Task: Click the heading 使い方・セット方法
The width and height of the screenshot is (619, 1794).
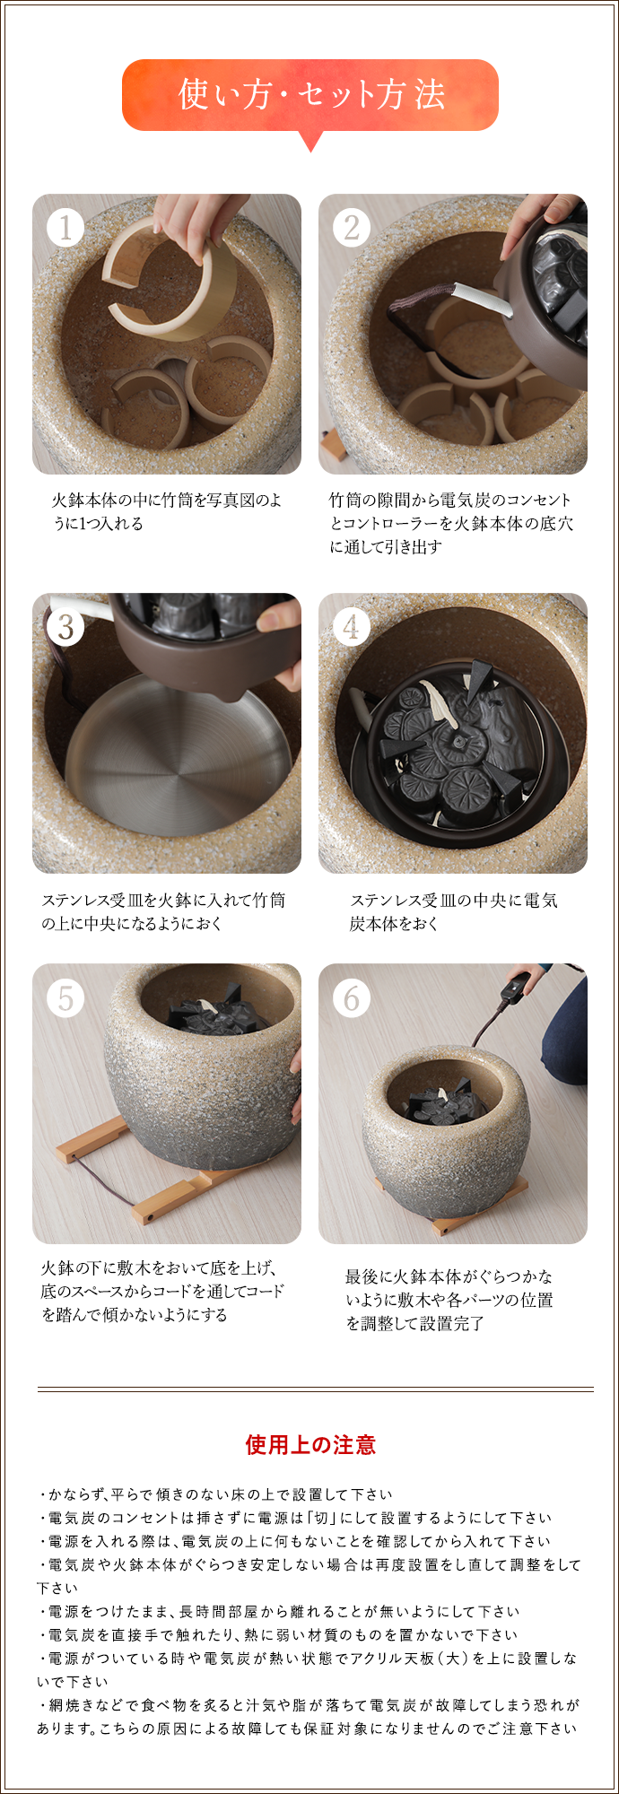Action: point(310,94)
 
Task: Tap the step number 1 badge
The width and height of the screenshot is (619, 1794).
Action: point(65,228)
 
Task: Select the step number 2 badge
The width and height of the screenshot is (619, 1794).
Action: point(351,228)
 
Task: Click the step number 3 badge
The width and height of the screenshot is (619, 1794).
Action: point(65,626)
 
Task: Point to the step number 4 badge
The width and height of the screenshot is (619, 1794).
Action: point(351,626)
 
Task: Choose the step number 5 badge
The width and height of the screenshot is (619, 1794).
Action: point(65,997)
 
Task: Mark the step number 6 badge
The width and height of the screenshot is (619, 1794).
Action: point(351,997)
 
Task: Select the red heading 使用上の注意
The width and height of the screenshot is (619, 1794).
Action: point(310,1445)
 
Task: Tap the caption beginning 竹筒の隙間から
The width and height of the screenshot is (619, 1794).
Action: point(450,523)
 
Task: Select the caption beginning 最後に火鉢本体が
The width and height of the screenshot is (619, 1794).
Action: point(449,1299)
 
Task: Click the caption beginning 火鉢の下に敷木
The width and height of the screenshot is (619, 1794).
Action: point(161,1291)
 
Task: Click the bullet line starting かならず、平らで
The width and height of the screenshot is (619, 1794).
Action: point(215,1494)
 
